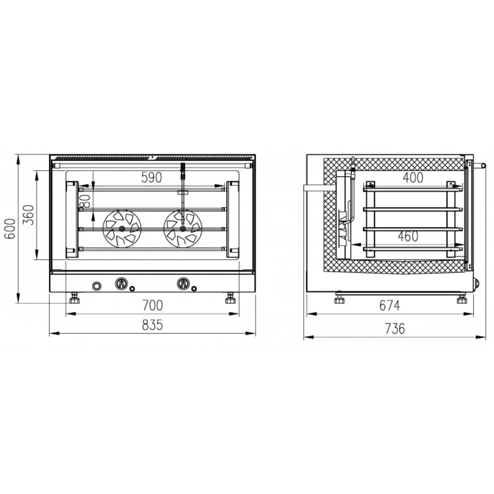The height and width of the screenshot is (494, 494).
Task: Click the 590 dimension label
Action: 152,177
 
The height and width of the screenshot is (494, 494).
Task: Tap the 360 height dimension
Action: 29,214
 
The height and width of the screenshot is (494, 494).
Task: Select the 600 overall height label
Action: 10,228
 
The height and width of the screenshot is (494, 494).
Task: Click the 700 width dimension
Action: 153,305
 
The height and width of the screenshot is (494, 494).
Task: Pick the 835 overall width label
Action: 153,325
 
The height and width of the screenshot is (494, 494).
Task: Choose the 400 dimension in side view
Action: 413,178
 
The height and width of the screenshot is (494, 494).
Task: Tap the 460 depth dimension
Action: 408,236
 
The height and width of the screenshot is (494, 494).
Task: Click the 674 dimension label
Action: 390,306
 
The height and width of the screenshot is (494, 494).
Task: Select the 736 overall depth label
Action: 395,329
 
